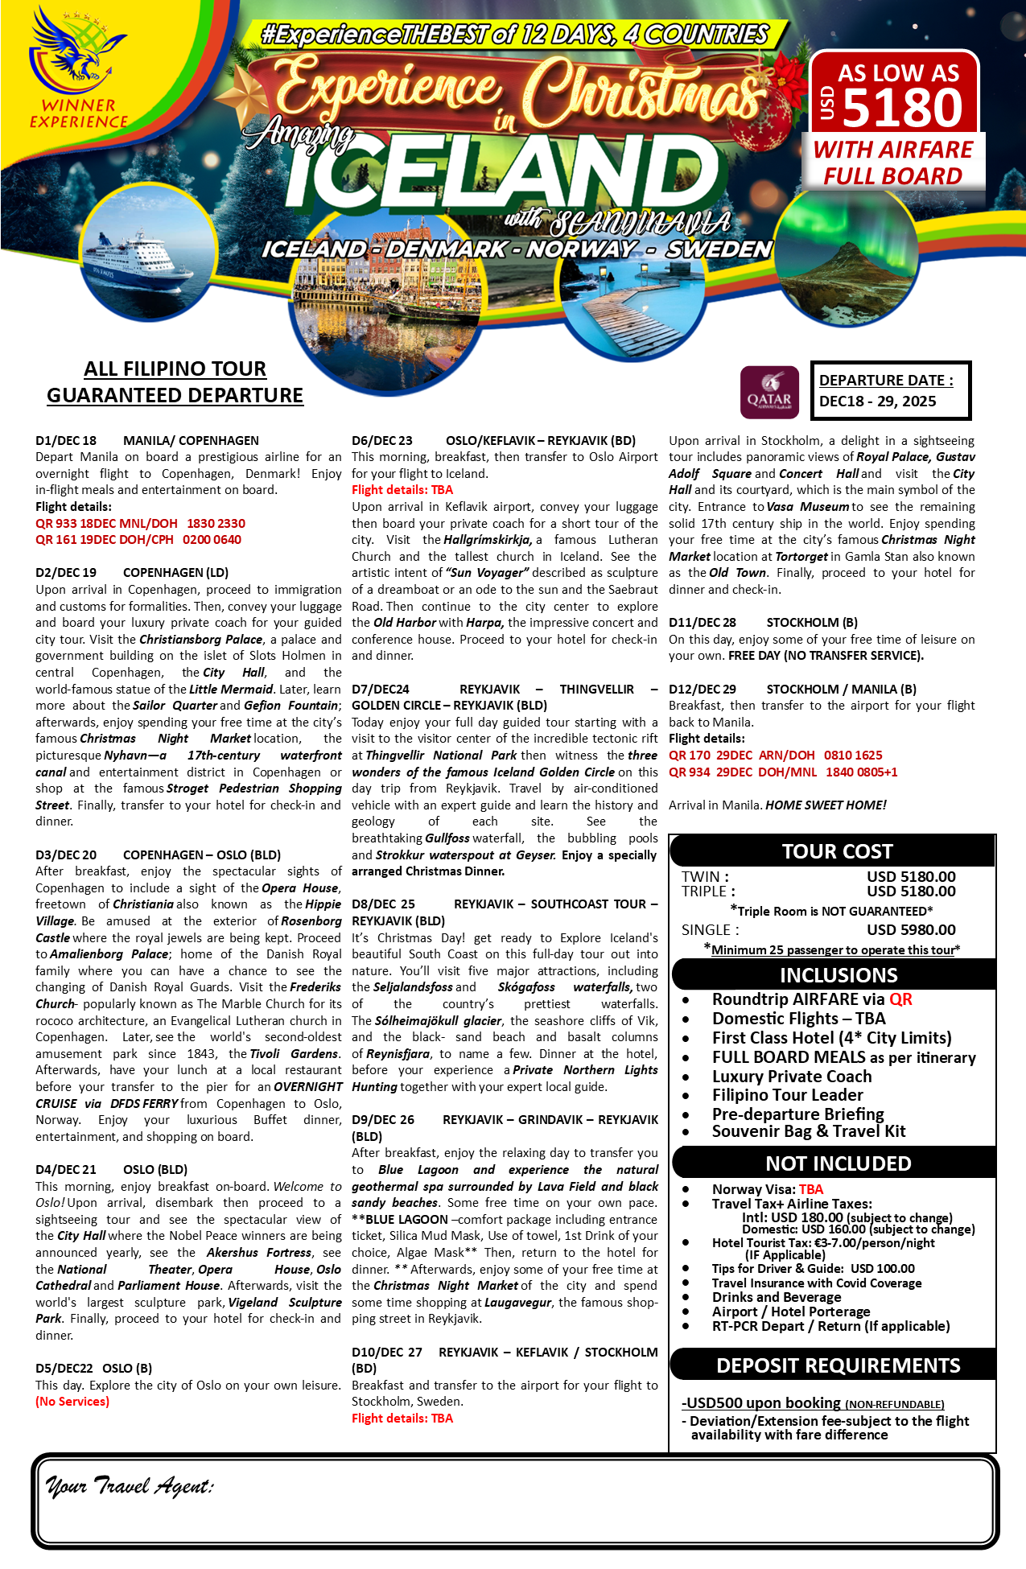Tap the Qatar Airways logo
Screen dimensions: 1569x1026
coord(769,393)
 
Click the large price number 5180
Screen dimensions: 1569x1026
coord(902,108)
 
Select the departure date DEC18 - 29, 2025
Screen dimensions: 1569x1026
coord(877,402)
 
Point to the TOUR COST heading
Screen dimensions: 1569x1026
coord(837,851)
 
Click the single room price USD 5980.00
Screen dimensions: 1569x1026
coord(911,929)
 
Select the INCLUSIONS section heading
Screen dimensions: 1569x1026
coord(838,975)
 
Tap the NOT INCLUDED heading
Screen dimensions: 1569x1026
coord(838,1163)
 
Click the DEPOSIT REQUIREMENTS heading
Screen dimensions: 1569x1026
coord(838,1365)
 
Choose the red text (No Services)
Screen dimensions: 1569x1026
coord(72,1402)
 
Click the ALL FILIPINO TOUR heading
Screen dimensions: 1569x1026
coord(175,369)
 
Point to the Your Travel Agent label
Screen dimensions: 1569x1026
coord(129,1485)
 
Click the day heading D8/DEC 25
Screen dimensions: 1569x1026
coord(383,904)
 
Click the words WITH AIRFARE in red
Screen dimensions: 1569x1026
coord(892,150)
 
